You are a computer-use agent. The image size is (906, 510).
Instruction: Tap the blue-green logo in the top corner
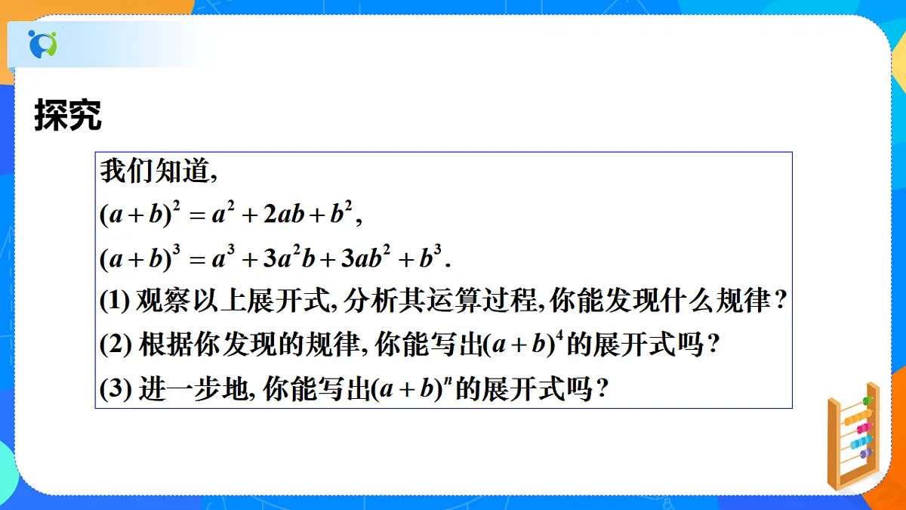click(42, 44)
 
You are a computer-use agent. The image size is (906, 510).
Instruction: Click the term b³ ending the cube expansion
click(430, 259)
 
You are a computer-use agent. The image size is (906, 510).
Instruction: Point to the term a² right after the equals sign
click(220, 216)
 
